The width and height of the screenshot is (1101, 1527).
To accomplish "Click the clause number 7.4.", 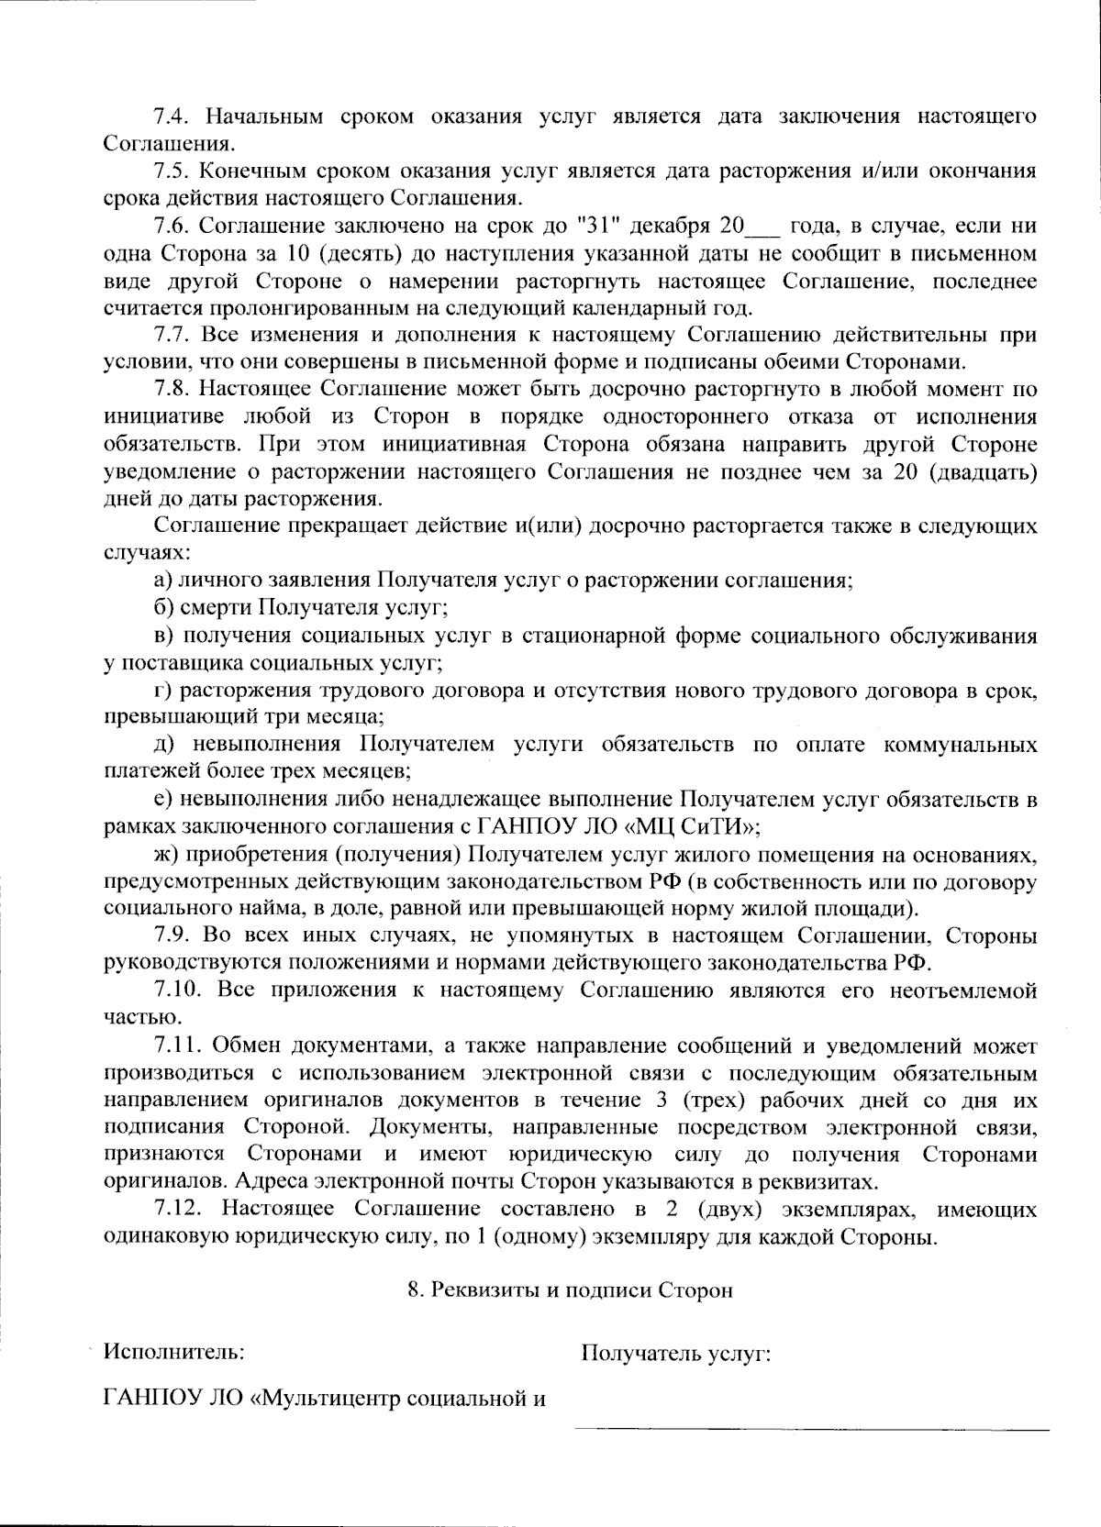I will coord(170,116).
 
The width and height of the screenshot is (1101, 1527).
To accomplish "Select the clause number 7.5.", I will coord(170,172).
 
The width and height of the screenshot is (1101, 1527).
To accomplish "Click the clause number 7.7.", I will coord(170,335).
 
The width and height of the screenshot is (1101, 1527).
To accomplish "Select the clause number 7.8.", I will coord(170,390).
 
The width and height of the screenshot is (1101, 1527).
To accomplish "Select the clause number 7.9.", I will coord(170,936).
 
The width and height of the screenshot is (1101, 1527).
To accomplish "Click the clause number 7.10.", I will coord(174,990).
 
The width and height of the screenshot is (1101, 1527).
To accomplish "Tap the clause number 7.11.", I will coord(174,1046).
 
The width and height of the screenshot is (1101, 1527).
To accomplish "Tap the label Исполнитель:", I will coord(173,1352).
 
